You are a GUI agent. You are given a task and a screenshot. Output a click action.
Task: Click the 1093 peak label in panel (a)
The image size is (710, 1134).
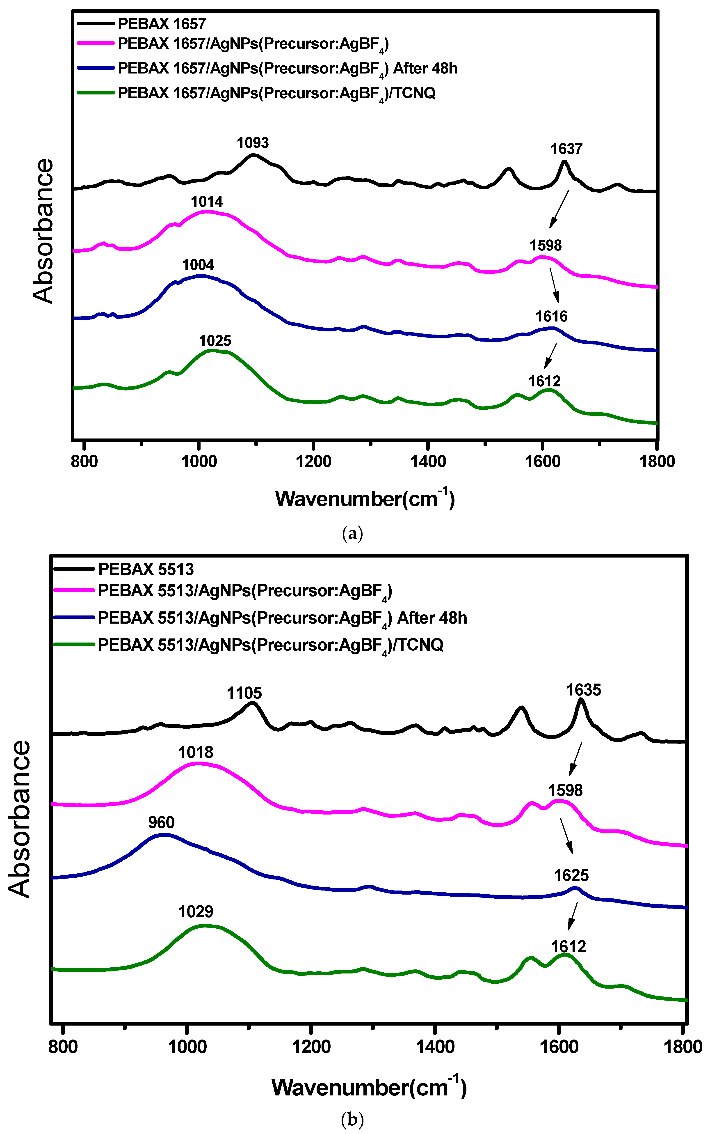pyautogui.click(x=253, y=143)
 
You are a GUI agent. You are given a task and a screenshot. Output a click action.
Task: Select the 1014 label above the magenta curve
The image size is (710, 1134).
pyautogui.click(x=207, y=202)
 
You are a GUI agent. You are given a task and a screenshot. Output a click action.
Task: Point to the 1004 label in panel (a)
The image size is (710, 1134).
pyautogui.click(x=198, y=265)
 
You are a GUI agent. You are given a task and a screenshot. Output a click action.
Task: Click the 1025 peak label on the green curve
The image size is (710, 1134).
pyautogui.click(x=215, y=341)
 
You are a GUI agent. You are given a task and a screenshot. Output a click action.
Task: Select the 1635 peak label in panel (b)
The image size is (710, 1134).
pyautogui.click(x=583, y=690)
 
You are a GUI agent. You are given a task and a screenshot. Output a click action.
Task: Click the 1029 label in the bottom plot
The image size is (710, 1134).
pyautogui.click(x=196, y=912)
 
